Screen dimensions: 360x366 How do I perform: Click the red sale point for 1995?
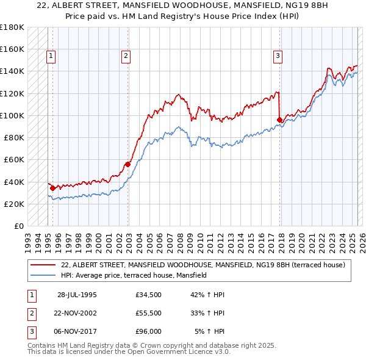(52, 188)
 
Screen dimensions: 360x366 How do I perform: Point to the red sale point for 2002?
(127, 164)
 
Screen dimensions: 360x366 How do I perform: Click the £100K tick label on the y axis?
(12, 115)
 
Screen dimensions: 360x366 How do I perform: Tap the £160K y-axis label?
(12, 49)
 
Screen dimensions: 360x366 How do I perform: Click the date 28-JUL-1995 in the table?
(77, 295)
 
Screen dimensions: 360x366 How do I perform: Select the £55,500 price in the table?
(149, 313)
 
